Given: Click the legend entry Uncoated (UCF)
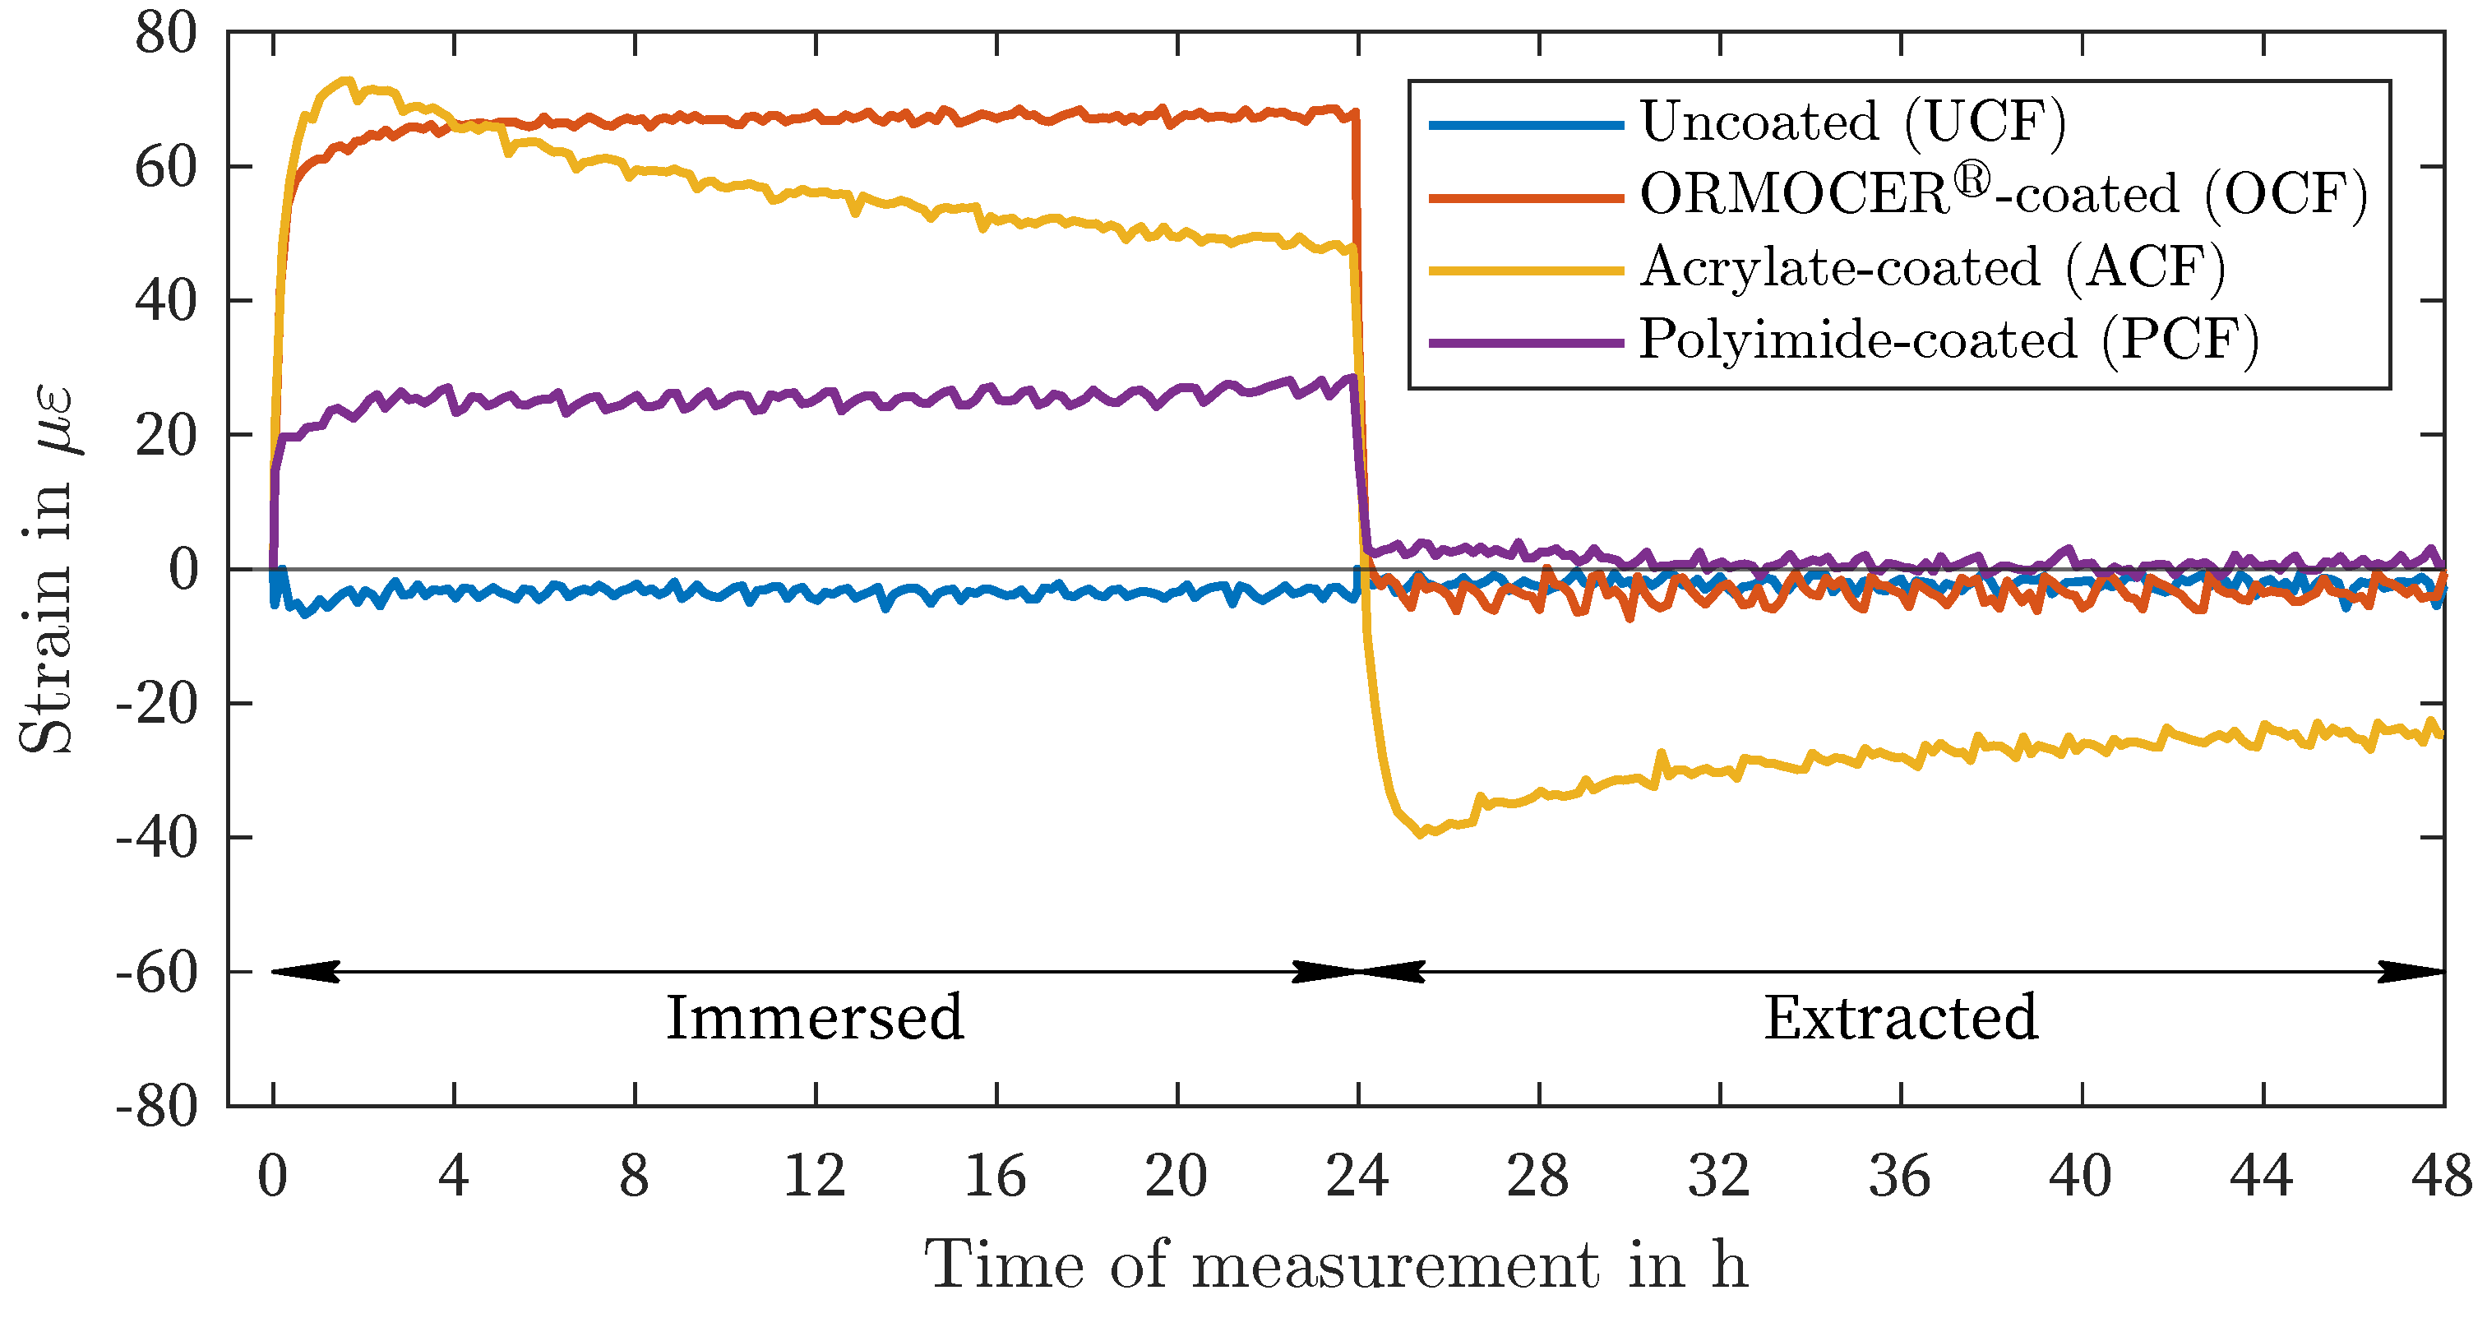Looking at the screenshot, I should click(1851, 123).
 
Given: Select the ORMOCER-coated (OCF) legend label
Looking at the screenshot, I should click(2004, 194).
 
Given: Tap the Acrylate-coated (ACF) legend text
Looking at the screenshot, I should click(1932, 267).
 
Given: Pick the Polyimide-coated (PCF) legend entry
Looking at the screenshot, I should click(1948, 340).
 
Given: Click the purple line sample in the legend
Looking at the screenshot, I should click(1525, 342).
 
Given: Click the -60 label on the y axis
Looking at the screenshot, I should click(156, 973).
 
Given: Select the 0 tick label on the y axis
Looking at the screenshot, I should click(183, 570).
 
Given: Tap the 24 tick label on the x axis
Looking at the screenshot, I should click(1357, 1176).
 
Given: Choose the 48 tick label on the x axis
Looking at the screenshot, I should click(2442, 1176).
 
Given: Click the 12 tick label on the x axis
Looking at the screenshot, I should click(814, 1176).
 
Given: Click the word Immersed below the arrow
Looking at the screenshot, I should click(814, 1019).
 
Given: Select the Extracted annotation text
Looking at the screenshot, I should click(1900, 1019).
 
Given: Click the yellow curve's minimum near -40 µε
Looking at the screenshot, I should click(1420, 833).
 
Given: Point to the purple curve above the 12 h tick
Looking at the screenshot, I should click(816, 398).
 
